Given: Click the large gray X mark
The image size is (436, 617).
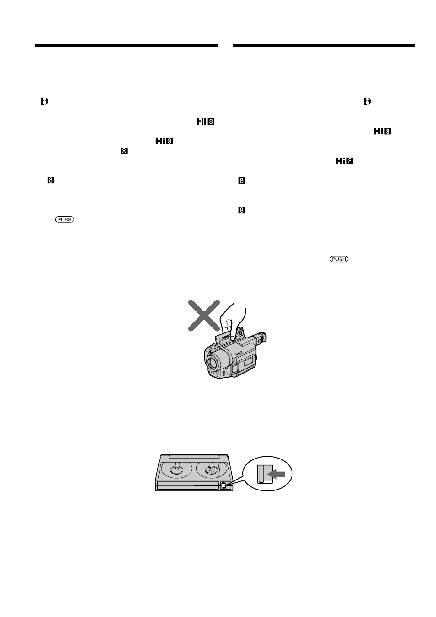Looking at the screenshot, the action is tap(204, 316).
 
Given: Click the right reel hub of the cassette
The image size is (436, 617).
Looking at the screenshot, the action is tap(211, 469).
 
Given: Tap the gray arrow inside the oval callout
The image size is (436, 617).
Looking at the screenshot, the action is tap(276, 474).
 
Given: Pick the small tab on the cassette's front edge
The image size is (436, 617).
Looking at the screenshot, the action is tap(223, 485).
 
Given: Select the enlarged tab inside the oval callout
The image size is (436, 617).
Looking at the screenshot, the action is tap(265, 474).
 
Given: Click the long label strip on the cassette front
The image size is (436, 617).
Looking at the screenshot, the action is tap(188, 485).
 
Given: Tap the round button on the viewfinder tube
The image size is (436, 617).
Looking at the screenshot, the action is tap(259, 340).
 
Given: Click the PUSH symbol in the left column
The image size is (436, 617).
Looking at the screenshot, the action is tap(64, 220).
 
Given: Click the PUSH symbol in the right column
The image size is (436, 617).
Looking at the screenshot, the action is tap(339, 259).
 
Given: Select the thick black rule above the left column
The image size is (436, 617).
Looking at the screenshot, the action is tap(126, 46).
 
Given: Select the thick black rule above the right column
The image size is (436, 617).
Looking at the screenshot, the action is tap(324, 46).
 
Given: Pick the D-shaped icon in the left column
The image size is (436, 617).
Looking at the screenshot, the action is tap(44, 101).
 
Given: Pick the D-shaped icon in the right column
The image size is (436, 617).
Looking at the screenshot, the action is tap(367, 101).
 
